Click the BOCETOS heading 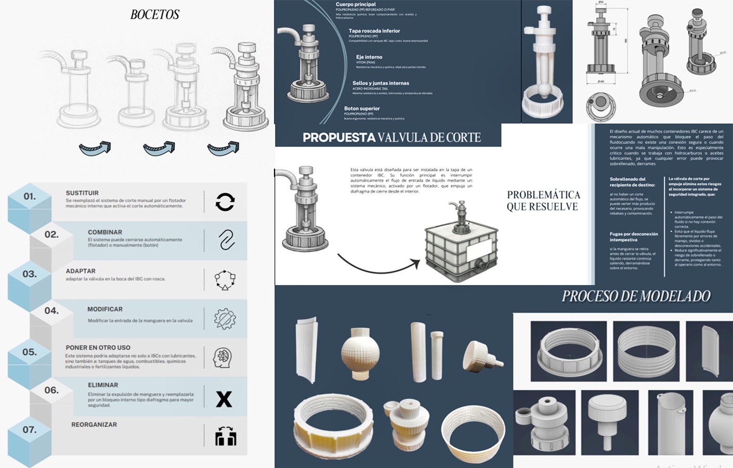155,15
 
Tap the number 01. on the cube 30,197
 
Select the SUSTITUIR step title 82,193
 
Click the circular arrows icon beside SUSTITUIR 225,202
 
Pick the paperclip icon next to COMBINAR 226,240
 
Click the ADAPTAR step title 81,271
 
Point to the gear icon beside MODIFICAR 225,319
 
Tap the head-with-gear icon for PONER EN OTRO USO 223,357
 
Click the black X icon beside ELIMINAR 224,399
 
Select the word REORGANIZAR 94,424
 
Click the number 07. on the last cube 30,430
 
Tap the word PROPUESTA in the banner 339,138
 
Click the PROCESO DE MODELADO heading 636,296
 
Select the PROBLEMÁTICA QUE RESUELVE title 543,201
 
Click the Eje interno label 369,57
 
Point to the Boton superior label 362,109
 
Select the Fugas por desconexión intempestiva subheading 634,237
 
